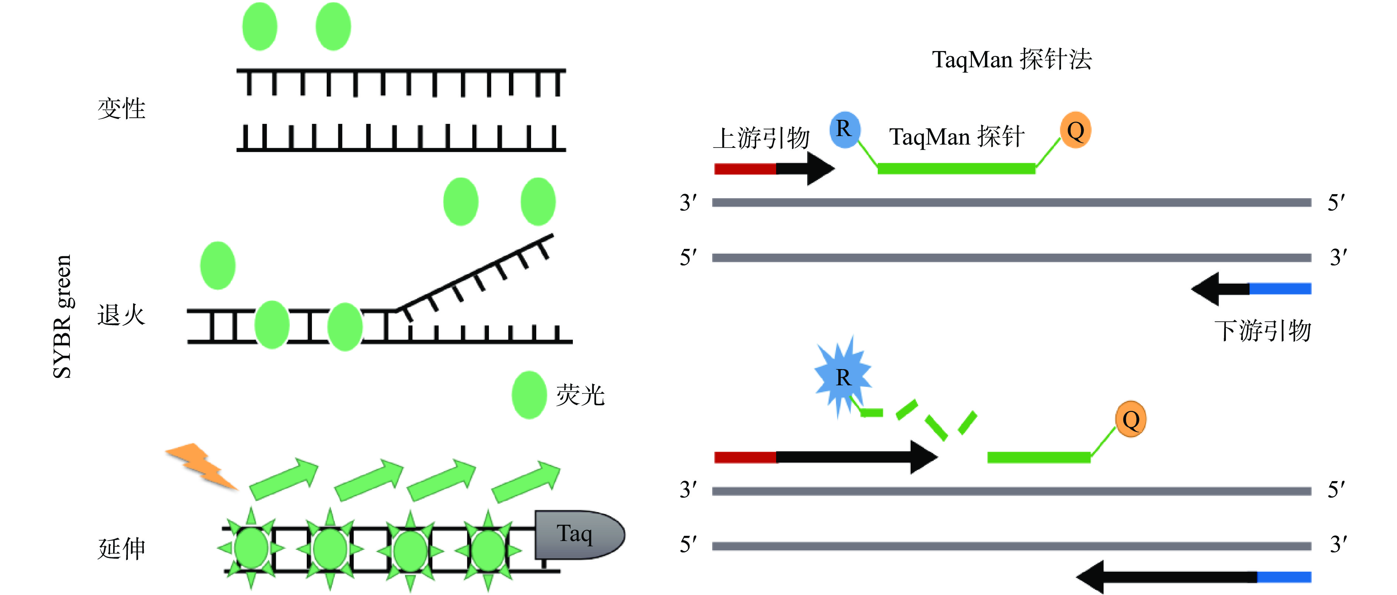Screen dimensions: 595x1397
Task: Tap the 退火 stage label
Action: pyautogui.click(x=122, y=315)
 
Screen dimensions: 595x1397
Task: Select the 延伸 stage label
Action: pyautogui.click(x=122, y=548)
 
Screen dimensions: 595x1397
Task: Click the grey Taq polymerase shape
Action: pyautogui.click(x=578, y=534)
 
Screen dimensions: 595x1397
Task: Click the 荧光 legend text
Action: pyautogui.click(x=580, y=395)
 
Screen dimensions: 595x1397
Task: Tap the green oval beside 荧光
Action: pyautogui.click(x=529, y=395)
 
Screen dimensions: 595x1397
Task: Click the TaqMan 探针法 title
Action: pyautogui.click(x=1012, y=59)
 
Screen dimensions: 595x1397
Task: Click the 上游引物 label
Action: pyautogui.click(x=761, y=138)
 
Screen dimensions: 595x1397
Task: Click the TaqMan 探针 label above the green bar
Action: pyautogui.click(x=956, y=137)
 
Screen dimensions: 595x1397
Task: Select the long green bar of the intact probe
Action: pyautogui.click(x=956, y=169)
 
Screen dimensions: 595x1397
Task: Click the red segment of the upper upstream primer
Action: pyautogui.click(x=745, y=169)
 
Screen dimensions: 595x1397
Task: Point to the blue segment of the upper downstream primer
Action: pyautogui.click(x=1280, y=288)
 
